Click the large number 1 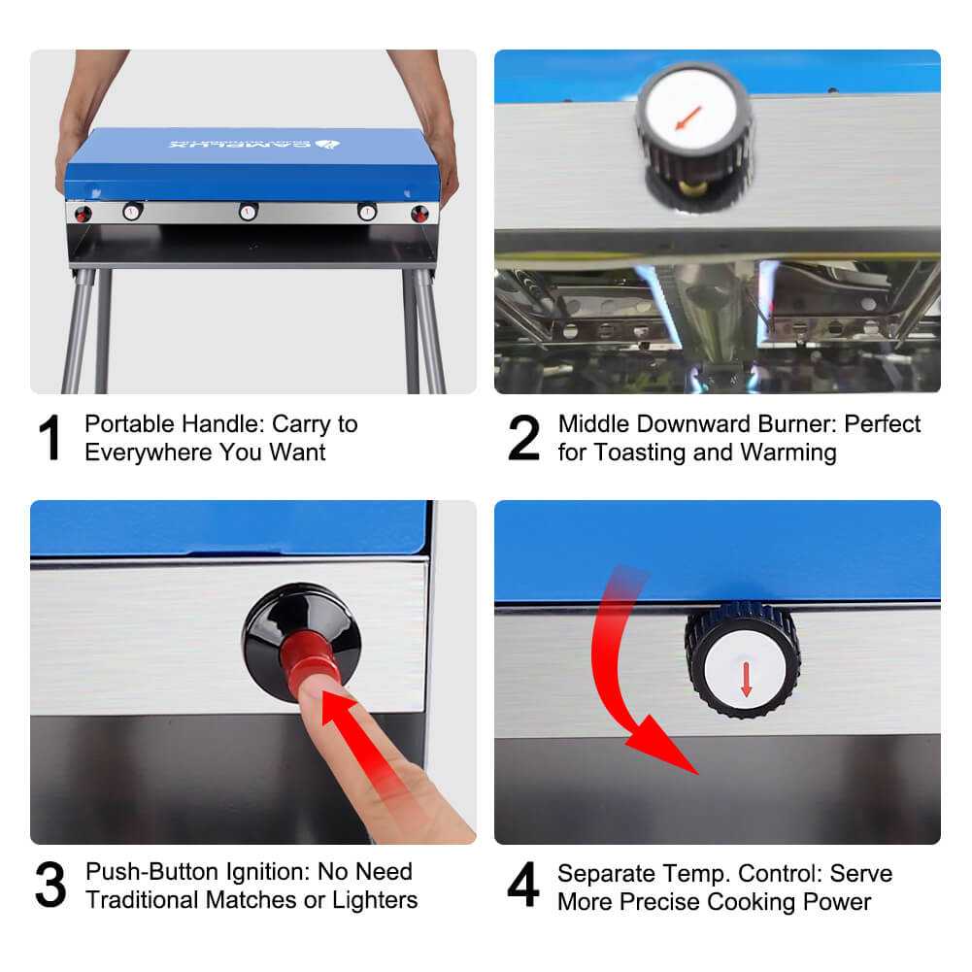[x=51, y=439]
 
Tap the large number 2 [x=524, y=439]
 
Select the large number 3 [x=50, y=886]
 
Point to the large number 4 [x=524, y=886]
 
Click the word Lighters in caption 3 [x=375, y=900]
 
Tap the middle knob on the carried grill [x=249, y=211]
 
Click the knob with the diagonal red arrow [x=693, y=119]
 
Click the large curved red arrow [x=631, y=680]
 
